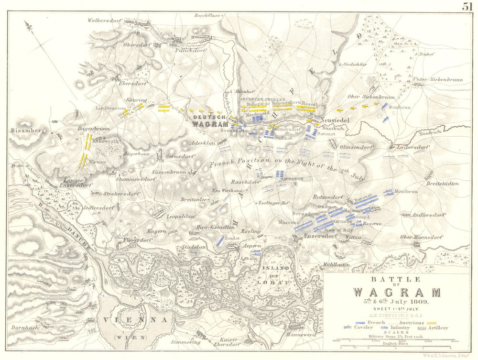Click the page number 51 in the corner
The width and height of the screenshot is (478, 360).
(x=467, y=6)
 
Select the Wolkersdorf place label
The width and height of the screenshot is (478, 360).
(x=105, y=21)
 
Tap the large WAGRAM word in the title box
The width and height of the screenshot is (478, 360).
(x=396, y=292)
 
